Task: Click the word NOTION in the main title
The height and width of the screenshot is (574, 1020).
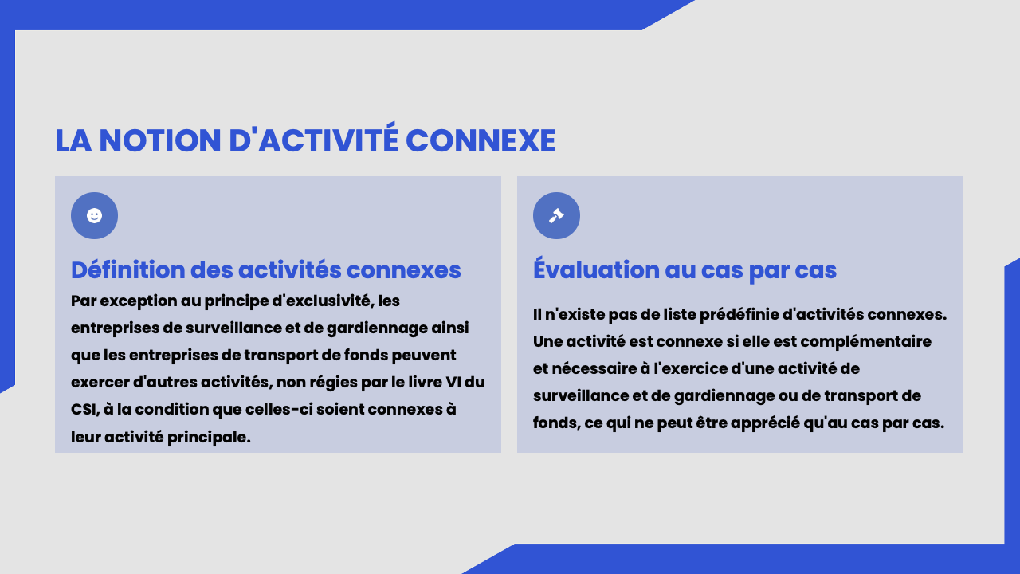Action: click(160, 140)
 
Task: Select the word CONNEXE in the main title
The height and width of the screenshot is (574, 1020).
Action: click(481, 140)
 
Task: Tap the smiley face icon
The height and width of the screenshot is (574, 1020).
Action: click(94, 215)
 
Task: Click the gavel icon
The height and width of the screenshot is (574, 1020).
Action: click(556, 215)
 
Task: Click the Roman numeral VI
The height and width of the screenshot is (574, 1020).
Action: click(453, 382)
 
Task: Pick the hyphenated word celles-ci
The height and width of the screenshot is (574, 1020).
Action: click(279, 410)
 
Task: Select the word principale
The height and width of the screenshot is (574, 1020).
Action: click(209, 438)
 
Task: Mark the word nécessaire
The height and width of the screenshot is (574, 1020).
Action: click(594, 369)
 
